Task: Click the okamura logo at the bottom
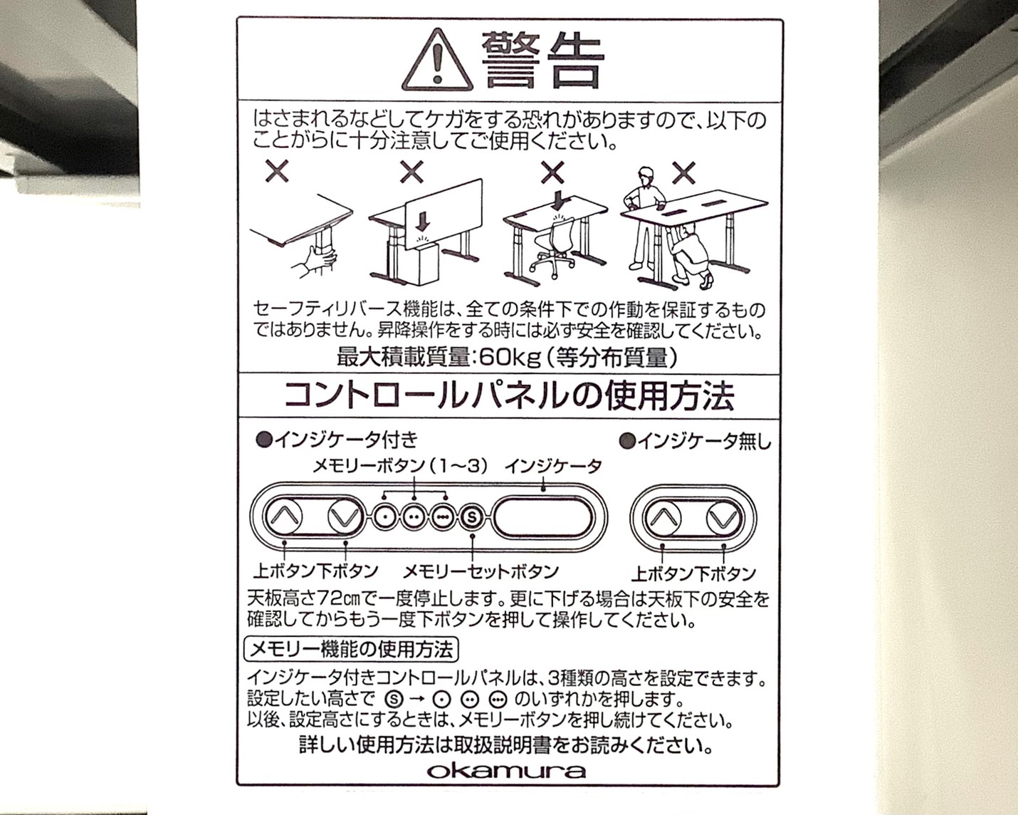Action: [506, 771]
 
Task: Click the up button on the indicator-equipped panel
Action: [283, 516]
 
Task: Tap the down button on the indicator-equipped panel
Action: [346, 516]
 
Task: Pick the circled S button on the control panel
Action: [471, 516]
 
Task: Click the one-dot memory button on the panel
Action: [384, 516]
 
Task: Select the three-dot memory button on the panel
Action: [444, 516]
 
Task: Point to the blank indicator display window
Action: [543, 517]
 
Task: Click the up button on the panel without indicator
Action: [663, 518]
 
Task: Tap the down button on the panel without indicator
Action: [723, 518]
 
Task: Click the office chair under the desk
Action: [552, 248]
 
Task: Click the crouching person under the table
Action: [689, 256]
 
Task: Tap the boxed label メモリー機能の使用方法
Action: [351, 650]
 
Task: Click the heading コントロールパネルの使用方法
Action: [509, 396]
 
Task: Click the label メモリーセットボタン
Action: [480, 571]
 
